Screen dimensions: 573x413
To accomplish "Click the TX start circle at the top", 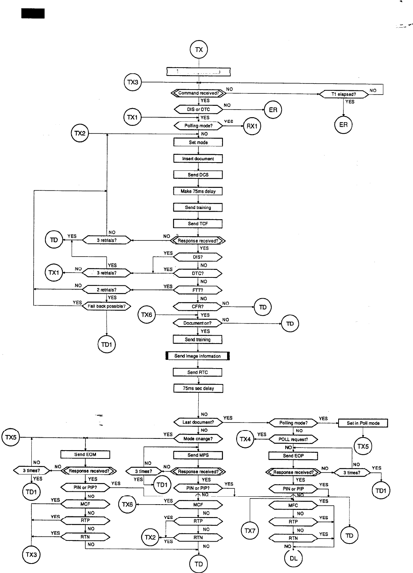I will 199,50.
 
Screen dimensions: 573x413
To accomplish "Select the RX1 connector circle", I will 252,126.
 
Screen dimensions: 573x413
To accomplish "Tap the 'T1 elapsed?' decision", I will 343,94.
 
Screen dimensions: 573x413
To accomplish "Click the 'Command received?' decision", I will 198,93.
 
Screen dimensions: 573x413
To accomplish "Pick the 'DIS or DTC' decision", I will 198,109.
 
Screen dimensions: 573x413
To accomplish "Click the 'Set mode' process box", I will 198,142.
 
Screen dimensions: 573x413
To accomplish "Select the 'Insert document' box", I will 198,159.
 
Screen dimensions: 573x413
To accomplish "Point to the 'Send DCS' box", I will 198,175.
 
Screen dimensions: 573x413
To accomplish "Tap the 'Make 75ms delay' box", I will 198,191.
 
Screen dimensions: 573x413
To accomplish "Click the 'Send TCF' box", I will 198,224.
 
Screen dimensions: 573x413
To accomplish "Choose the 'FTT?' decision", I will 198,290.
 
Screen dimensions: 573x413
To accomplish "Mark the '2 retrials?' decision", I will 107,290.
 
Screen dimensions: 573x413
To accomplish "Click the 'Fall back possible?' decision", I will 107,306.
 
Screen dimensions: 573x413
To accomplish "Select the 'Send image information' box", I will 198,356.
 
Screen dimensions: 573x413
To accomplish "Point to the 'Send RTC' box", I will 198,372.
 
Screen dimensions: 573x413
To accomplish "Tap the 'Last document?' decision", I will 198,422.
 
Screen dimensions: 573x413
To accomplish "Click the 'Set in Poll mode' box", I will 363,423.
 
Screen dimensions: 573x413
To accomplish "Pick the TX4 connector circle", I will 245,439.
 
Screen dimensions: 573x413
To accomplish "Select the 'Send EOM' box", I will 85,454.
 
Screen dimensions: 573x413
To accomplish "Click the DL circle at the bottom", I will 294,558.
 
